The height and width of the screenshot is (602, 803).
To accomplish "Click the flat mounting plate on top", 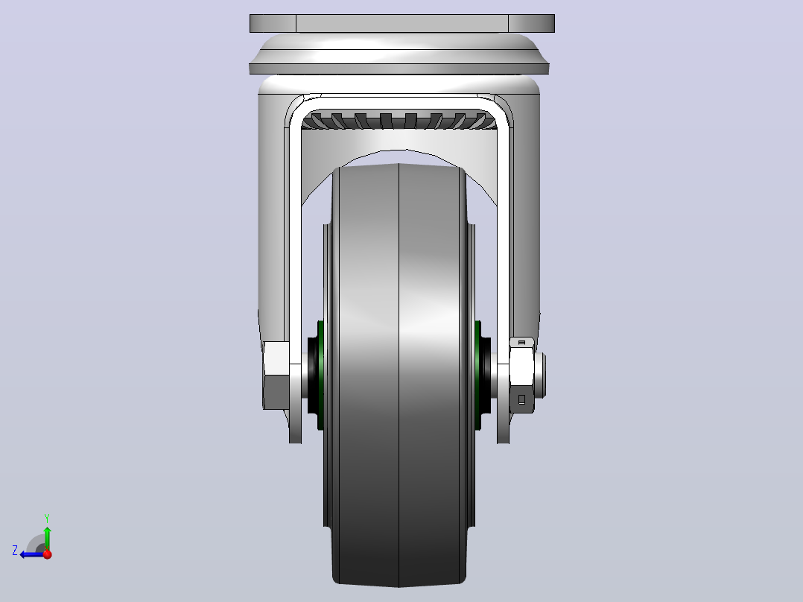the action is [402, 24].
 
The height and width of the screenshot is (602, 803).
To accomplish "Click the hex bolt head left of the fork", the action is [276, 376].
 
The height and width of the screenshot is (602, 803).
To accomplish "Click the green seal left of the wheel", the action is [320, 375].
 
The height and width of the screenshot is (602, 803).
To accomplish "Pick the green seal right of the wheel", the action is [478, 375].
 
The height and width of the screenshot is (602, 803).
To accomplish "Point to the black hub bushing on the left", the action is [312, 375].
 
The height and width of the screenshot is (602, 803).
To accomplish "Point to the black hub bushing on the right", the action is [486, 375].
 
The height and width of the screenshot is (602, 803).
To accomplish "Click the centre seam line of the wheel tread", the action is [399, 375].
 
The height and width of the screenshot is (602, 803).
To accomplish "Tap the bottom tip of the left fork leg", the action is [296, 442].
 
